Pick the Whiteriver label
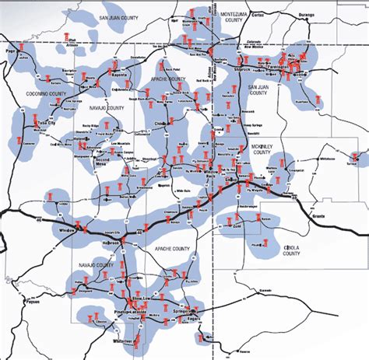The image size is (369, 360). click(124, 342)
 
